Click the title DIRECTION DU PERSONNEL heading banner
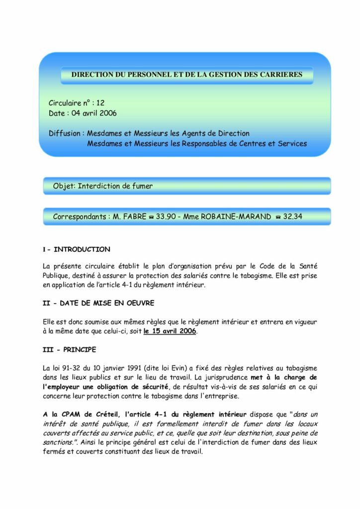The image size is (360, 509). pos(186,75)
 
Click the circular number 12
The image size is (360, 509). pos(100,103)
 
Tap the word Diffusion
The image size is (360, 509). pos(65,133)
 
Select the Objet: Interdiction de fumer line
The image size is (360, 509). pos(103,186)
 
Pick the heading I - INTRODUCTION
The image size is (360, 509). pos(77,249)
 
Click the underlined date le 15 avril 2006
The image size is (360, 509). pos(170,331)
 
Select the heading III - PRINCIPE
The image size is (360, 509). pos(69,349)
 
